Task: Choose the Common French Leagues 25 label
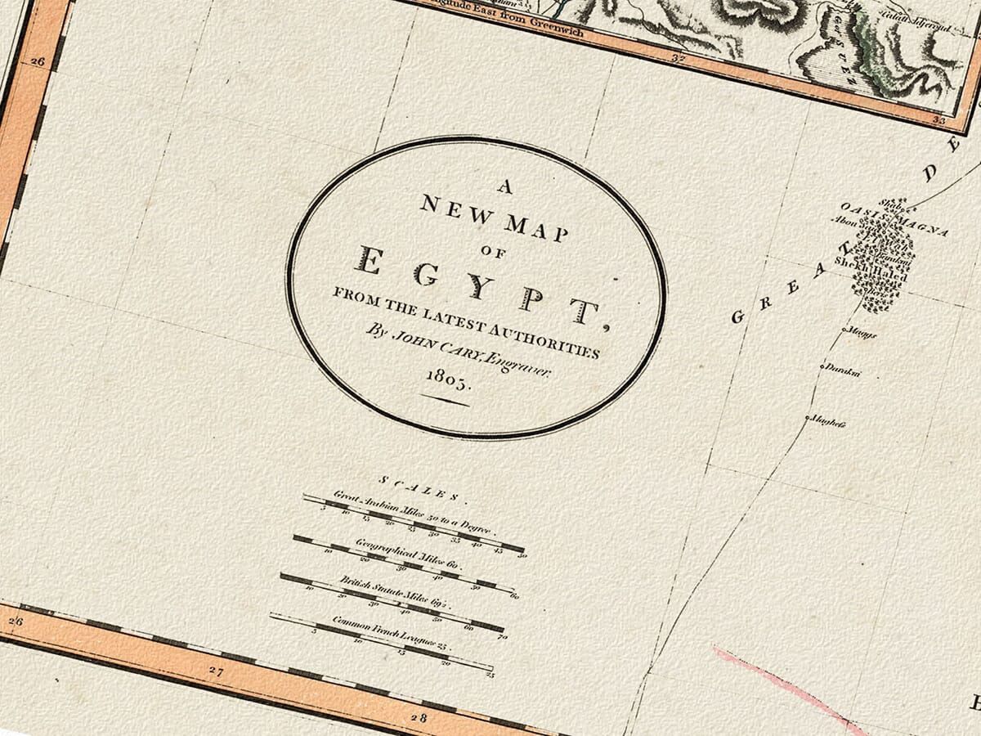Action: [x=392, y=630]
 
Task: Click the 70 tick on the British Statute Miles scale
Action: [x=501, y=636]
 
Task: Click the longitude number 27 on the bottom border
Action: [x=215, y=672]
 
